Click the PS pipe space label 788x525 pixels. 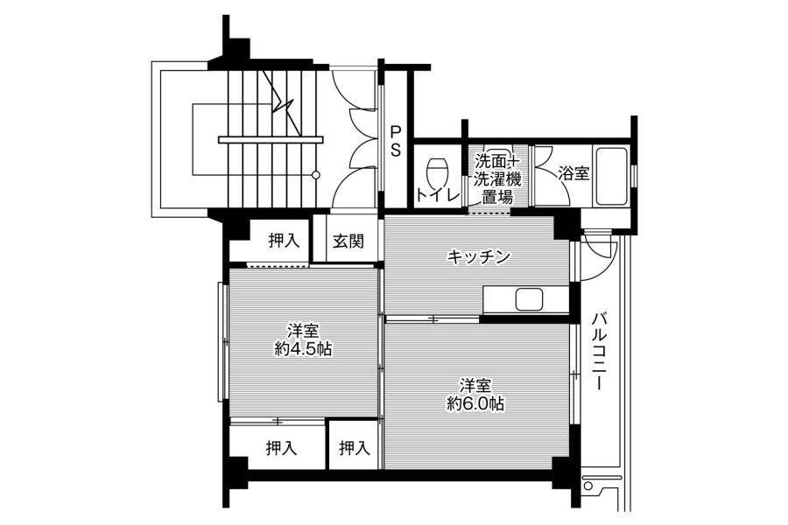[x=396, y=141]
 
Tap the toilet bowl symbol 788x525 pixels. [x=436, y=171]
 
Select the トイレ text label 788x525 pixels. [x=438, y=195]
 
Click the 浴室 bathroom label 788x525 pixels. [x=573, y=174]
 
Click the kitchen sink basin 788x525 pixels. [x=529, y=300]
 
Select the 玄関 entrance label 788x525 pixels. [x=348, y=241]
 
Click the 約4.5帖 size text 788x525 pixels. [x=303, y=348]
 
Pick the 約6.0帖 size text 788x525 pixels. [x=476, y=402]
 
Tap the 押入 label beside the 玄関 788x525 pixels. [x=284, y=241]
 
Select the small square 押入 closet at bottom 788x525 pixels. [x=355, y=446]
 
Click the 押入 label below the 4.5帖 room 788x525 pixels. [x=281, y=448]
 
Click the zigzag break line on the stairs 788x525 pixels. [x=284, y=102]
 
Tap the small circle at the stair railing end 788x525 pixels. [x=315, y=175]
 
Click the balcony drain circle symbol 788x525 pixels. [x=587, y=486]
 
